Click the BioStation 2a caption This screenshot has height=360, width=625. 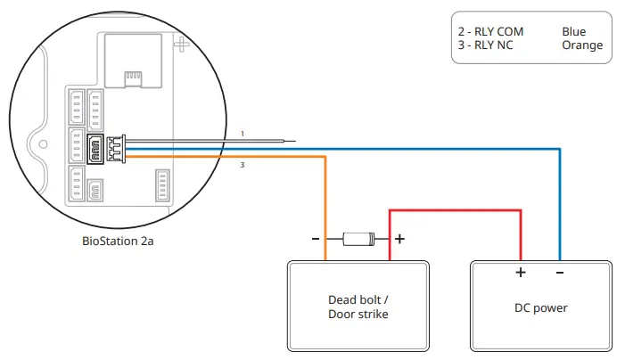pos(118,241)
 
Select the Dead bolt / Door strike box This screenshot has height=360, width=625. pos(357,307)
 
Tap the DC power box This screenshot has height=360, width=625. pos(541,307)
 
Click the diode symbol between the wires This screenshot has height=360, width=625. pos(358,239)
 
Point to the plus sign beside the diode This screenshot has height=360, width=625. pos(399,239)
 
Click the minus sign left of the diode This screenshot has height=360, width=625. pos(316,239)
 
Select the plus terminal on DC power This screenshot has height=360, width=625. pos(521,273)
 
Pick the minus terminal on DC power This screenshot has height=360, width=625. pos(559,273)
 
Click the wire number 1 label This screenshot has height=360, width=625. pos(242,134)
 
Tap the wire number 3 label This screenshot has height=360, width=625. pos(242,165)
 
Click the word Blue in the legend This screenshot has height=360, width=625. pos(574,32)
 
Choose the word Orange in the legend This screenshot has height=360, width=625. pos(582,45)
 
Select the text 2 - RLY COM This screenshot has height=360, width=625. pos(490,32)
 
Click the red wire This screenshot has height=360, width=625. pos(455,211)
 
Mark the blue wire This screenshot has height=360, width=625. pos(357,149)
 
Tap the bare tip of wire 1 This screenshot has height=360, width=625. pos(286,141)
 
